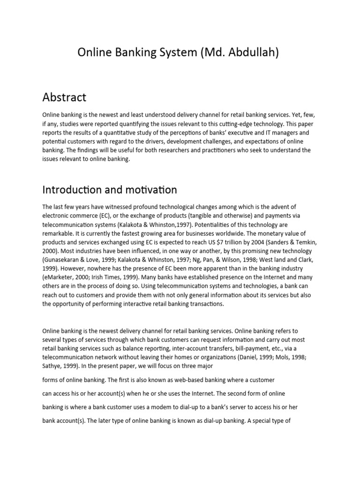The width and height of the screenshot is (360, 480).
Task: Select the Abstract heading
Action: point(64,97)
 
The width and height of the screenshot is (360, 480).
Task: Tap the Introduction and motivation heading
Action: point(110,189)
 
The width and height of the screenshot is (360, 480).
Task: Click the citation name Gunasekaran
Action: point(65,260)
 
